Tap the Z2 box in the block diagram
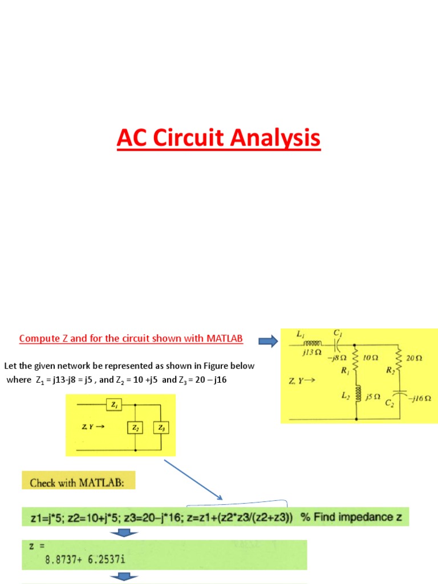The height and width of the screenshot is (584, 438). (x=135, y=427)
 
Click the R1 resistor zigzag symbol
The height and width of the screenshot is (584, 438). (x=356, y=360)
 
